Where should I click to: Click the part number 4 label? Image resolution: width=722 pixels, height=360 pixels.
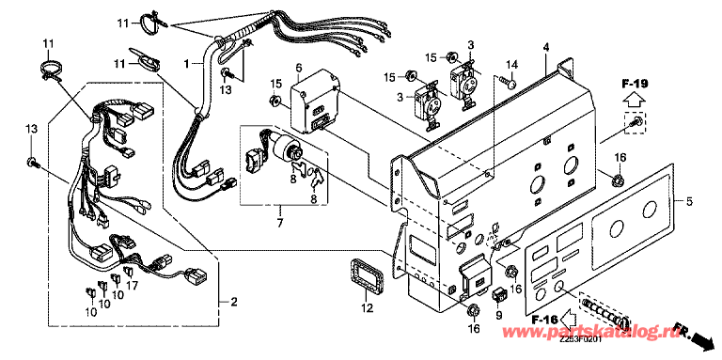(x=546, y=47)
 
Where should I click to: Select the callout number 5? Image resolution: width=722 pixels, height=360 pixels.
(x=689, y=201)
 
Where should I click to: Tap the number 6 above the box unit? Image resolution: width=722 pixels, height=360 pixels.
(x=299, y=69)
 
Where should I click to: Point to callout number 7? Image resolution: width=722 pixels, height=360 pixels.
(x=280, y=224)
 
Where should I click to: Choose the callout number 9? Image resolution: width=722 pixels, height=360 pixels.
(x=498, y=316)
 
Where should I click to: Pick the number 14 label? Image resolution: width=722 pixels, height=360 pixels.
(x=512, y=64)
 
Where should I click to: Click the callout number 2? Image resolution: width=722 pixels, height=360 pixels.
(x=234, y=303)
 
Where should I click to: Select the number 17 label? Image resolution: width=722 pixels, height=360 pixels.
(x=133, y=286)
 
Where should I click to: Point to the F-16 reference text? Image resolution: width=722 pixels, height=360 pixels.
(x=543, y=319)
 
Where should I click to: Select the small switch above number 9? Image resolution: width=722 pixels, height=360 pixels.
(x=499, y=295)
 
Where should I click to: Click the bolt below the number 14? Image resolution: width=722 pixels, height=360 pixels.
(x=508, y=82)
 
